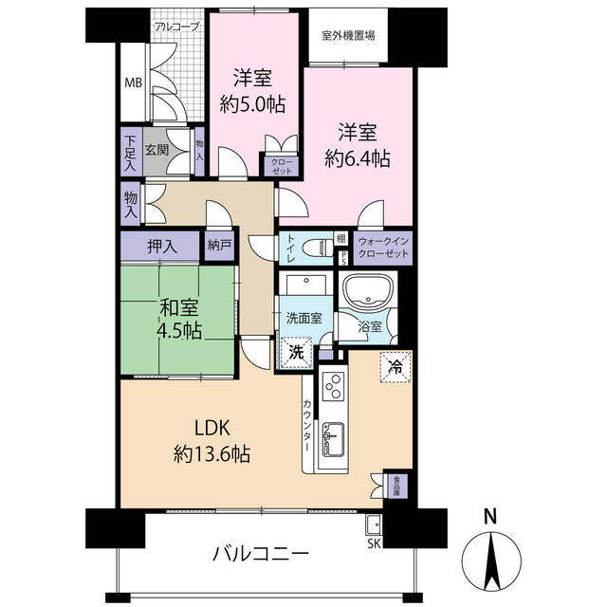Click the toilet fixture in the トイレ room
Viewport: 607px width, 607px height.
tap(317, 248)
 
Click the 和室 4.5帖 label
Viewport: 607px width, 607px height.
tap(178, 319)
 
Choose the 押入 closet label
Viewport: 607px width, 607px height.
tap(161, 247)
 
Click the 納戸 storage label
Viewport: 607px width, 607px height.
tap(219, 247)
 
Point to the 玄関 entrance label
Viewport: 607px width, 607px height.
tap(157, 150)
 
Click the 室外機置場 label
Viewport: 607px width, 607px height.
tap(348, 36)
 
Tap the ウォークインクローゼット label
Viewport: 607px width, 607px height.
tap(383, 248)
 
